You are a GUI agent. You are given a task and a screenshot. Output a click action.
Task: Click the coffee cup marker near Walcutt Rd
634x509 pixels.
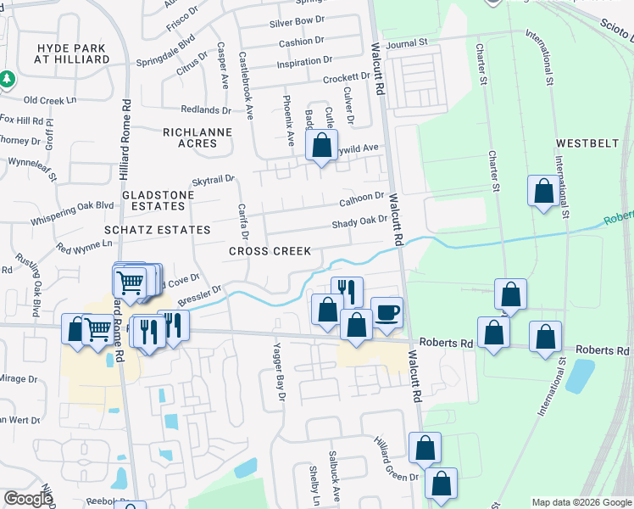[x=387, y=312]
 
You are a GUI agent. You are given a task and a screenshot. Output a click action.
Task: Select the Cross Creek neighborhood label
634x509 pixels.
[x=270, y=251]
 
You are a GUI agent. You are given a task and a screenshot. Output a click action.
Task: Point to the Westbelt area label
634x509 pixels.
[x=587, y=143]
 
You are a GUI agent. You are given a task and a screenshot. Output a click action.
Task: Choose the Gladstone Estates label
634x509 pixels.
[x=158, y=200]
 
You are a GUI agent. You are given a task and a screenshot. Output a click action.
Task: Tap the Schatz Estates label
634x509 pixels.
[x=157, y=230]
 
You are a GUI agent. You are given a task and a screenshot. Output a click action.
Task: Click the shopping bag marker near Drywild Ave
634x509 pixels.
[x=322, y=145]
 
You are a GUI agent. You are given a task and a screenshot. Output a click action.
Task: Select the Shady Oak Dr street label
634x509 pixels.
[x=359, y=222]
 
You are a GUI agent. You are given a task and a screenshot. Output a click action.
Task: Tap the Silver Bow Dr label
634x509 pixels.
[x=297, y=20]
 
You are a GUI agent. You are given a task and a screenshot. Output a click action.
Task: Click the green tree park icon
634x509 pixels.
[x=8, y=79]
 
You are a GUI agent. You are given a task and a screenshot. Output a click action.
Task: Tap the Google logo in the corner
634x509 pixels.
[x=28, y=499]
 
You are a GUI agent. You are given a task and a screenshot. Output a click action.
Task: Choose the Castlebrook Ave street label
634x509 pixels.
[x=245, y=84]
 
